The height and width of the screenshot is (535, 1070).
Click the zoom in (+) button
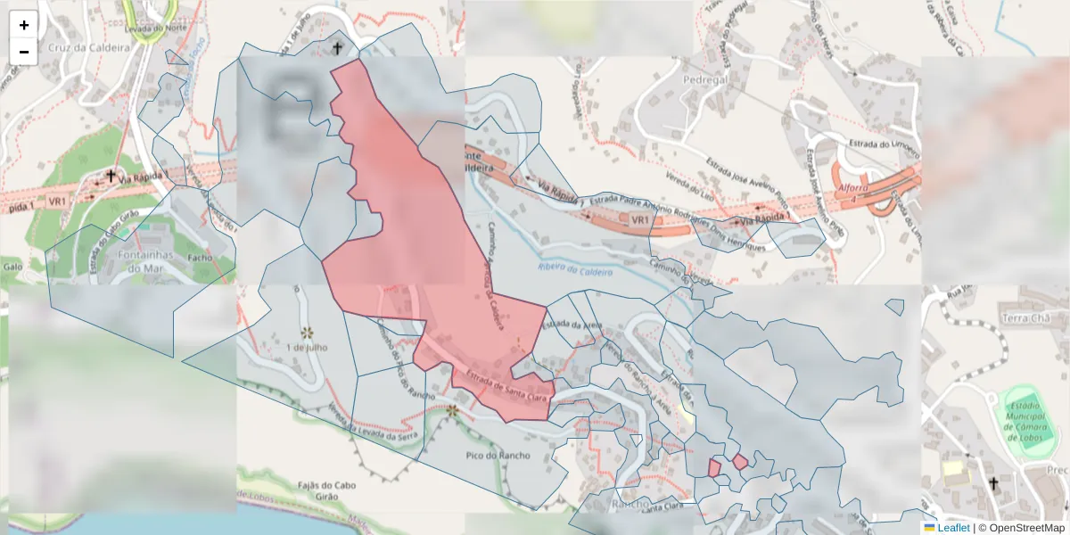(24, 25)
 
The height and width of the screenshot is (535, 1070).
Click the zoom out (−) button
(24, 52)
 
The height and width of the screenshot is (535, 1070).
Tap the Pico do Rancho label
(498, 455)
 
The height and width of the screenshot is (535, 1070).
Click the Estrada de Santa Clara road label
(506, 385)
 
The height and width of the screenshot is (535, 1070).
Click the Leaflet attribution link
(953, 528)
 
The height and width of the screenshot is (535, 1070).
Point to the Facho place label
(201, 257)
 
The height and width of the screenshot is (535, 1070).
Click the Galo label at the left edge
(12, 266)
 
